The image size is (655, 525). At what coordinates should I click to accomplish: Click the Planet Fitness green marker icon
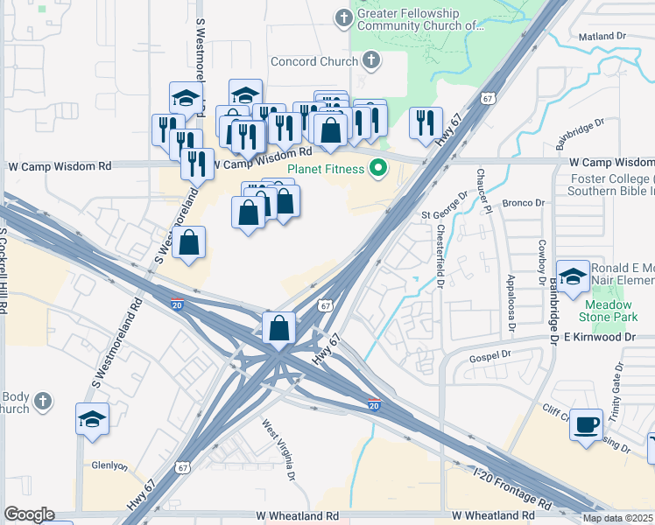pos(379,167)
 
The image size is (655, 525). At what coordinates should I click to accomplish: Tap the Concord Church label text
pos(314,61)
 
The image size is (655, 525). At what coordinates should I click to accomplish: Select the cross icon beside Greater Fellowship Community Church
pos(343,17)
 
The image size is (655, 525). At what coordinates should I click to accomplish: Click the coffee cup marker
pos(586,423)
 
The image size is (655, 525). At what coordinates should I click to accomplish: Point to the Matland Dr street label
pos(599,37)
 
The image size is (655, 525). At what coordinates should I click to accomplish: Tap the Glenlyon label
pos(110,465)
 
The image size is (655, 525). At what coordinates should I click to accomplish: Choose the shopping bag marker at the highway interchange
pos(278,329)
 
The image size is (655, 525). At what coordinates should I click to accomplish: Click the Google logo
pos(29,514)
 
